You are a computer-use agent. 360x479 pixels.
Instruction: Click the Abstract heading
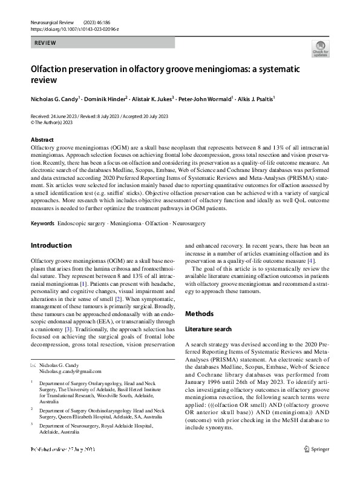[x=42, y=139]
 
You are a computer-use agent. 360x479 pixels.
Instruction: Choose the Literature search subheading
[x=209, y=328]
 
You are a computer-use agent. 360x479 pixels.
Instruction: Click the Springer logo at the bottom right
[x=316, y=466]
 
